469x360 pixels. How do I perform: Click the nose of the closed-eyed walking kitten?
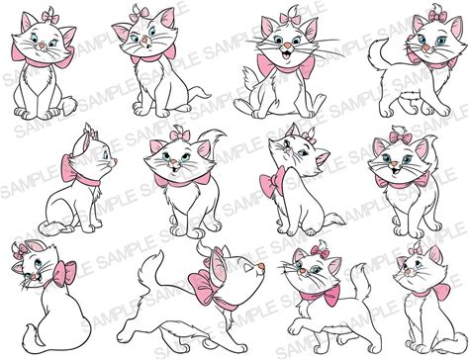pyautogui.click(x=261, y=266)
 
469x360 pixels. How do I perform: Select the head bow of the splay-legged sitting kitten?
pyautogui.click(x=291, y=18)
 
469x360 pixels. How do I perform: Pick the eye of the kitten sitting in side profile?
pyautogui.click(x=105, y=154)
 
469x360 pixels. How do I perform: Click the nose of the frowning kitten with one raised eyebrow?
pyautogui.click(x=143, y=42)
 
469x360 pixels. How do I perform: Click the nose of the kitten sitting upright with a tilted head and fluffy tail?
pyautogui.click(x=42, y=45)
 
